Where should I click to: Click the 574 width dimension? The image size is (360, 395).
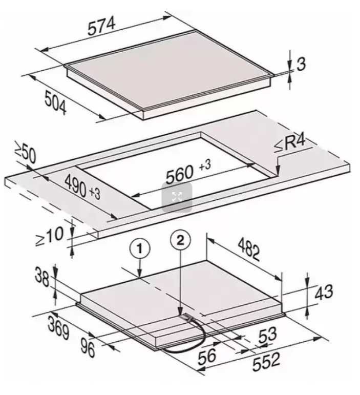tap(102, 26)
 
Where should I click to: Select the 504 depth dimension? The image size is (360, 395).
tap(55, 103)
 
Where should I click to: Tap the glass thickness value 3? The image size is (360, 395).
tap(301, 64)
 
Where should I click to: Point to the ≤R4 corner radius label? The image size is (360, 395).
tap(290, 144)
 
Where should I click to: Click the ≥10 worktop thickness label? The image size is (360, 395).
tap(49, 236)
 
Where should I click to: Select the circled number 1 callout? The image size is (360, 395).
tap(140, 249)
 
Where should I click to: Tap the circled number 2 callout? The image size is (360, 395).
tap(180, 240)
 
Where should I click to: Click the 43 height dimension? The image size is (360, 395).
tap(323, 292)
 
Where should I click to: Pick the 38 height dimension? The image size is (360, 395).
tap(42, 277)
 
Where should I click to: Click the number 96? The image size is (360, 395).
tap(88, 348)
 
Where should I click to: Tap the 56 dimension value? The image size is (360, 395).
tap(207, 356)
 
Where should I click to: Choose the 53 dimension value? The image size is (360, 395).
tap(267, 336)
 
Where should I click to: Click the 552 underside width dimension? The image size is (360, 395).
tap(266, 362)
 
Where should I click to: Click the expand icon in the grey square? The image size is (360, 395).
tap(177, 197)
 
